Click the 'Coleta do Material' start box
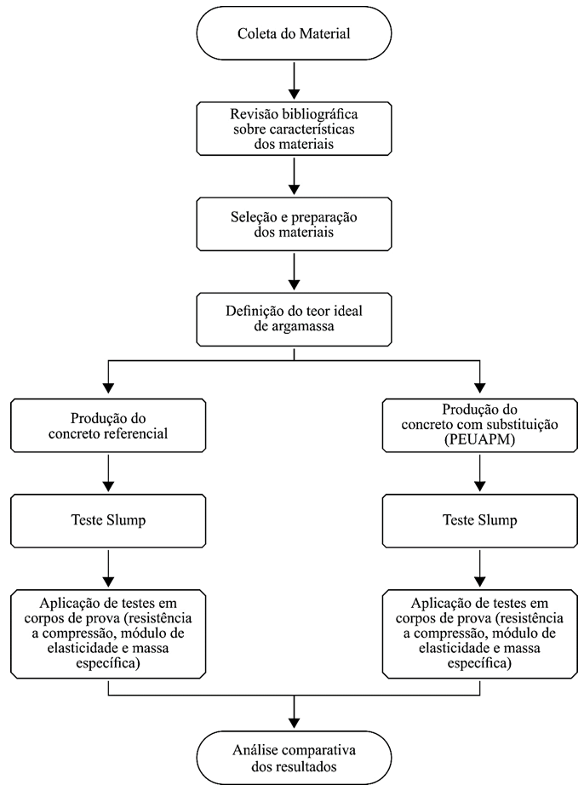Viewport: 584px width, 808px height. click(294, 33)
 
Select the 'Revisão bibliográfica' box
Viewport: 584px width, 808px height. click(294, 129)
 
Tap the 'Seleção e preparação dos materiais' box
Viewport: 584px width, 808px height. click(294, 224)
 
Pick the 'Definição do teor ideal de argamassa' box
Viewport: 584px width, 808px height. click(294, 319)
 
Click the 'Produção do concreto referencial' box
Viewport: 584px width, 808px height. click(108, 426)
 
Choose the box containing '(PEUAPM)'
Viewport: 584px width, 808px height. click(480, 426)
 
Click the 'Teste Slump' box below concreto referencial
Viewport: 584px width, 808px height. click(108, 520)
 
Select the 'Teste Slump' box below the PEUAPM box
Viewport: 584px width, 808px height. click(480, 520)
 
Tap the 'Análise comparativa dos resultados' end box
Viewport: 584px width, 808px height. click(294, 758)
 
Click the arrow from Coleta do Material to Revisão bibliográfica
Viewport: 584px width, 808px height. click(294, 81)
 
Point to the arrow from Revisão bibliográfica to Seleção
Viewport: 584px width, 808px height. click(294, 176)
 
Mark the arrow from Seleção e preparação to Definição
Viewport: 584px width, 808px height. click(294, 272)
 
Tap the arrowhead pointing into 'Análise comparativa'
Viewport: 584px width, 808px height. click(294, 722)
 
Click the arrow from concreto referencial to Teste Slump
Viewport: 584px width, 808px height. click(108, 473)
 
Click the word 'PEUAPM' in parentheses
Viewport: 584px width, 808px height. click(480, 440)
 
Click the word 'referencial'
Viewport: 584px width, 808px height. click(138, 433)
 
